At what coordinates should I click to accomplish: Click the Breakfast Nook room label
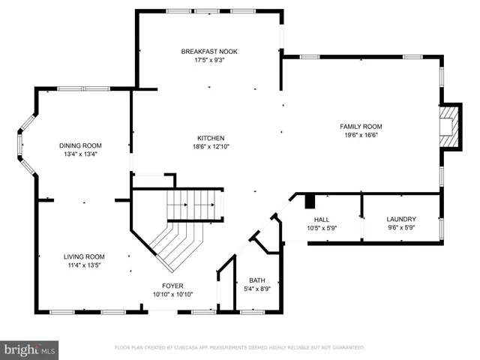click(x=209, y=51)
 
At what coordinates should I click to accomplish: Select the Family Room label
click(x=361, y=127)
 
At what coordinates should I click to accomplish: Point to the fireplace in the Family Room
click(x=448, y=125)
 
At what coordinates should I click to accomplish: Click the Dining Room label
click(x=80, y=145)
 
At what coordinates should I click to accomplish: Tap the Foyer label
click(x=172, y=286)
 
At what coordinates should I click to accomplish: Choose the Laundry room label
click(x=401, y=219)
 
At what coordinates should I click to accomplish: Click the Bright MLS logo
click(x=30, y=349)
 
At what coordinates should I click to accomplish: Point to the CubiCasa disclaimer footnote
click(x=239, y=348)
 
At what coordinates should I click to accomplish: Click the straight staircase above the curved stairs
click(x=194, y=203)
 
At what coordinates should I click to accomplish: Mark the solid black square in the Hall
click(x=310, y=201)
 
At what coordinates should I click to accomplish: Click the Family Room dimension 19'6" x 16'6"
click(x=361, y=136)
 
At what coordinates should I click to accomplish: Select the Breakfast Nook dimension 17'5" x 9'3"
click(x=209, y=60)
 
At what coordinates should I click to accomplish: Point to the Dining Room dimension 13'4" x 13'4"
click(x=80, y=154)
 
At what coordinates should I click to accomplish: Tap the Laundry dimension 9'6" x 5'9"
click(x=401, y=228)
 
